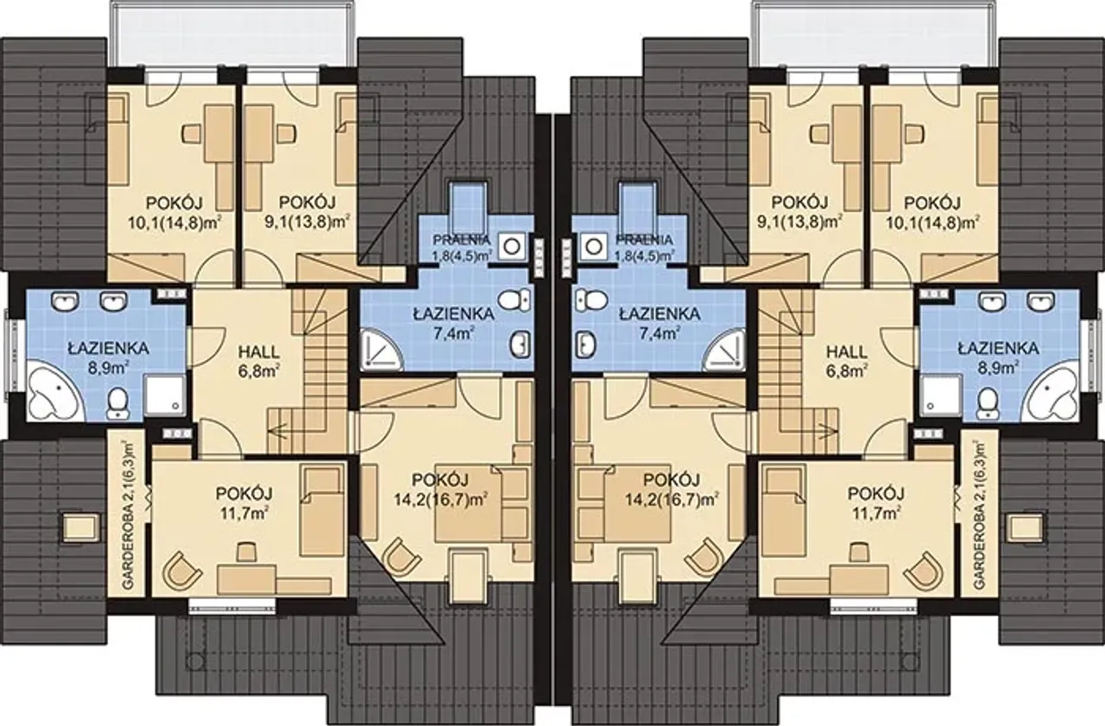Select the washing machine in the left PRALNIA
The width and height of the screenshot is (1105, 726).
click(x=512, y=247)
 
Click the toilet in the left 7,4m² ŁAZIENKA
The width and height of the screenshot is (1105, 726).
click(x=514, y=300)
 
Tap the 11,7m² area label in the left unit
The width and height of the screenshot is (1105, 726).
click(x=244, y=514)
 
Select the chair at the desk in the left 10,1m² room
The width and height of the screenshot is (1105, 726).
click(x=193, y=133)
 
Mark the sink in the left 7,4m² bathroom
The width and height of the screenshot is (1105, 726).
click(x=521, y=344)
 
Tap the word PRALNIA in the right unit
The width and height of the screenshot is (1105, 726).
click(x=643, y=240)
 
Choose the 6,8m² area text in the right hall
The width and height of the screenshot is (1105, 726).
click(x=847, y=370)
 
